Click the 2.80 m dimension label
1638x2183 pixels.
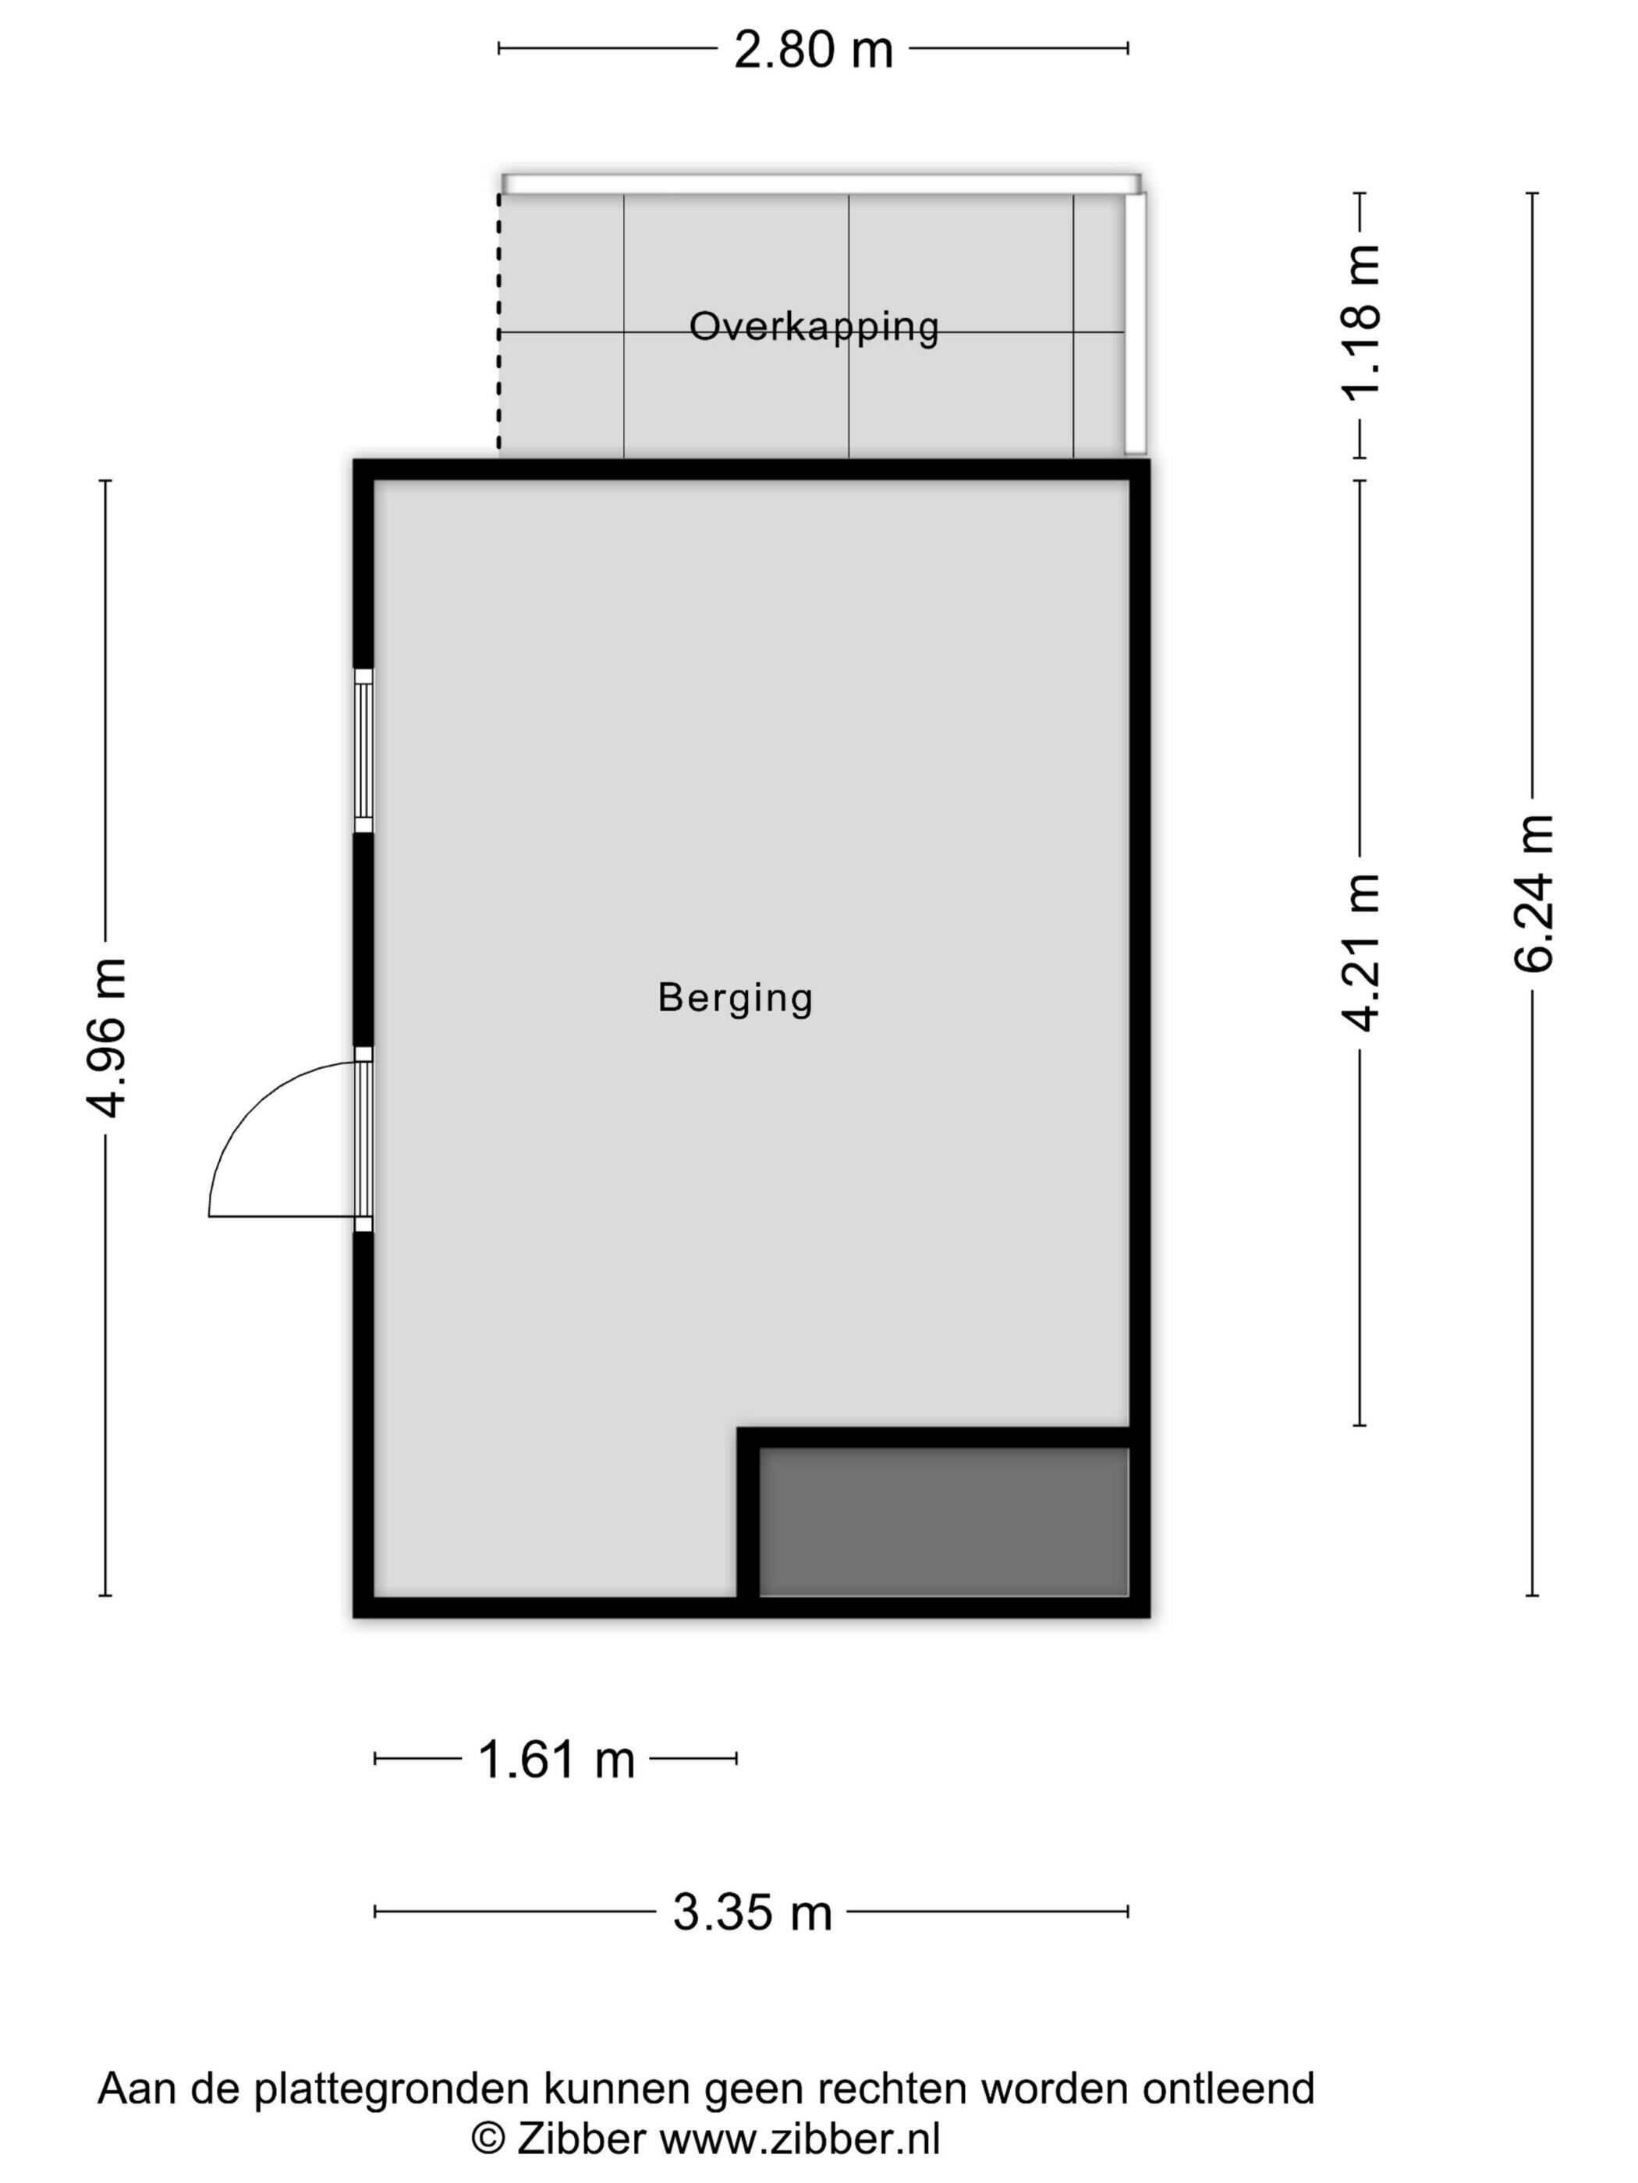point(813,51)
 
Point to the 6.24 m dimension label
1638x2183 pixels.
point(1534,893)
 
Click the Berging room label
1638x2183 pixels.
point(736,999)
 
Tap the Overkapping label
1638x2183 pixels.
point(814,327)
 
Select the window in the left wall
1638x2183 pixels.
point(364,750)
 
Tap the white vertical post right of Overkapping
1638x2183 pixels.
point(1136,324)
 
